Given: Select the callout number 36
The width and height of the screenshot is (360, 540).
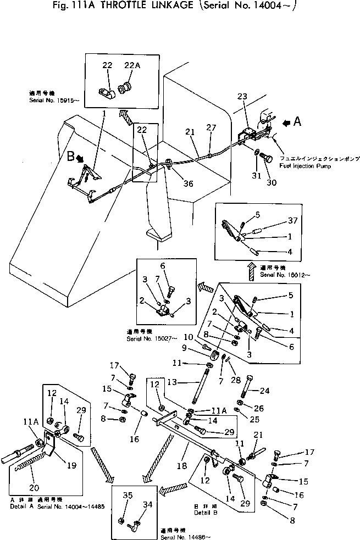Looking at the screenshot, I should click(x=189, y=184).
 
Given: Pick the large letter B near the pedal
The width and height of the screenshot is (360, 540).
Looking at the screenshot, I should click(x=70, y=157).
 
